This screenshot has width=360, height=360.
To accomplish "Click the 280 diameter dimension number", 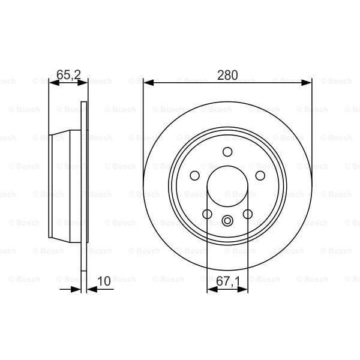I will [228, 75].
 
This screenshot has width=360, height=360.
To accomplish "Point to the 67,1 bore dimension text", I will [228, 280].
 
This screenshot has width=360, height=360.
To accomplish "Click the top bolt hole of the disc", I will [227, 151].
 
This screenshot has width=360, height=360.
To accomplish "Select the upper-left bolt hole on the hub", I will [194, 175].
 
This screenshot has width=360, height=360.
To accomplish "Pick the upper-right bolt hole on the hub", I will [260, 175].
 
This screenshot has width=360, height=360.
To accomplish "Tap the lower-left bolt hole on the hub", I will [207, 214].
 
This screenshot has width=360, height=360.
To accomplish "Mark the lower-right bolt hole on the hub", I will [248, 214].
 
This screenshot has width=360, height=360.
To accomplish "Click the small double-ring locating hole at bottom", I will [227, 221].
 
